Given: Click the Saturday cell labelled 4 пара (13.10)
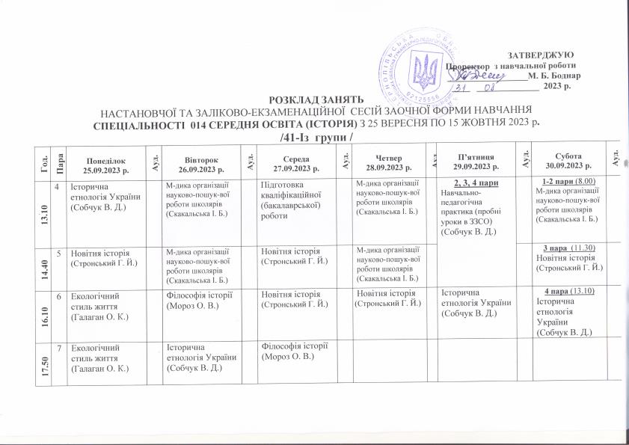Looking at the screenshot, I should (x=571, y=310).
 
